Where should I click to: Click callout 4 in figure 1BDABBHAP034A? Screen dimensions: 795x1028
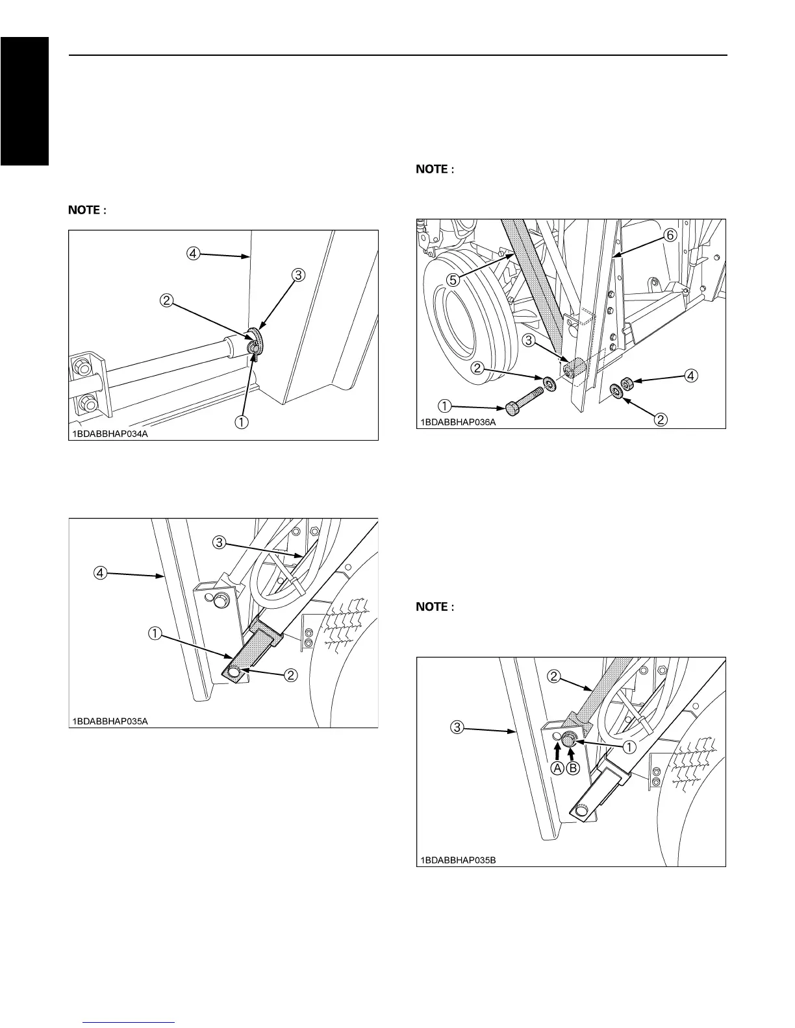pos(194,254)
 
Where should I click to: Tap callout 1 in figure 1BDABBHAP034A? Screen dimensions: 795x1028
pos(241,422)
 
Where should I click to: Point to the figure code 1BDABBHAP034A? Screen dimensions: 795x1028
pos(110,434)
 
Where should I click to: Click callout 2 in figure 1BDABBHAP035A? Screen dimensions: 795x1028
pos(291,675)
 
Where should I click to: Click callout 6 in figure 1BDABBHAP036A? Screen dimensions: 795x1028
pos(670,236)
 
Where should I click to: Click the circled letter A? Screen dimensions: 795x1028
pos(558,768)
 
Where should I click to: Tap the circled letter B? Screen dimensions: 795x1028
pos(573,768)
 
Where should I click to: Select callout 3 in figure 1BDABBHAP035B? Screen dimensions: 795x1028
pos(458,728)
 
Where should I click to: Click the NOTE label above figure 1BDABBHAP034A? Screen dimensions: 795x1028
pos(88,210)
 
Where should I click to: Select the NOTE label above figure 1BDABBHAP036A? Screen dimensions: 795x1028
pos(433,169)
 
